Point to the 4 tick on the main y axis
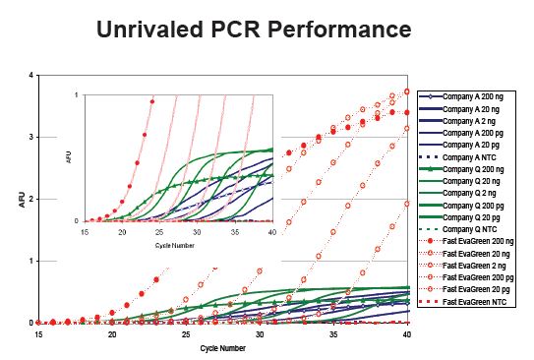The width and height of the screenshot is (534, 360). click(31, 76)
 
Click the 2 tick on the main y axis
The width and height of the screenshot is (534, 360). click(31, 200)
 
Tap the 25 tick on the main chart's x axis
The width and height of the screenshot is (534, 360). click(186, 335)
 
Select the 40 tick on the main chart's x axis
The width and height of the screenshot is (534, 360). click(407, 335)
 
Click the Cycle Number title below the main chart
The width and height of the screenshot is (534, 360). click(222, 348)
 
